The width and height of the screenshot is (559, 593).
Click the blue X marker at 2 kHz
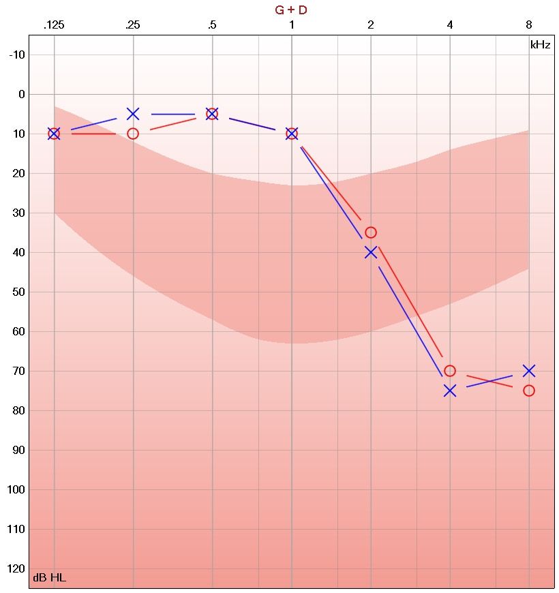pyautogui.click(x=371, y=252)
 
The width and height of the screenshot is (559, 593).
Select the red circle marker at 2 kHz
pyautogui.click(x=371, y=232)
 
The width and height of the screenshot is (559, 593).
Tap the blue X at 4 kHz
pyautogui.click(x=450, y=391)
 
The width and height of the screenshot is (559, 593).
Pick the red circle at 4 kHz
pyautogui.click(x=450, y=371)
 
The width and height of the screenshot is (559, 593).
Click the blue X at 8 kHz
pyautogui.click(x=529, y=371)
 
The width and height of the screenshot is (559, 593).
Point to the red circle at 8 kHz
pyautogui.click(x=529, y=391)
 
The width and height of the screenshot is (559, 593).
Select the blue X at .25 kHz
pyautogui.click(x=133, y=114)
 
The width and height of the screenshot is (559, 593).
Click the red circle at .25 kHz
pyautogui.click(x=133, y=134)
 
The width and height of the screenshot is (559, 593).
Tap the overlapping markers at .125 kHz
pyautogui.click(x=54, y=134)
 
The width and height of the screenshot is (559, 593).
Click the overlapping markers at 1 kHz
pyautogui.click(x=292, y=134)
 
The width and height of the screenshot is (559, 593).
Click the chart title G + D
pyautogui.click(x=291, y=10)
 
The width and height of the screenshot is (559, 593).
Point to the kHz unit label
pyautogui.click(x=540, y=45)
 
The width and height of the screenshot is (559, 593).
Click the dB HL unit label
pyautogui.click(x=50, y=579)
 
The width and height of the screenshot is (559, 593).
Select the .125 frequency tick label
pyautogui.click(x=54, y=25)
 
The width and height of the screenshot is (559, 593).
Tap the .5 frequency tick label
pyautogui.click(x=212, y=25)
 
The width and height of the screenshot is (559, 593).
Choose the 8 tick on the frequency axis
pyautogui.click(x=529, y=25)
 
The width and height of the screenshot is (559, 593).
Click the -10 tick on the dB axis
pyautogui.click(x=16, y=55)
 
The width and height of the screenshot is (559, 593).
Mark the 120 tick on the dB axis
pyautogui.click(x=15, y=568)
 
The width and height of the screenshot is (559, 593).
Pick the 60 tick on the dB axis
pyautogui.click(x=16, y=332)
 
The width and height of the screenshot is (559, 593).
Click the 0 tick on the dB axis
pyautogui.click(x=20, y=95)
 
